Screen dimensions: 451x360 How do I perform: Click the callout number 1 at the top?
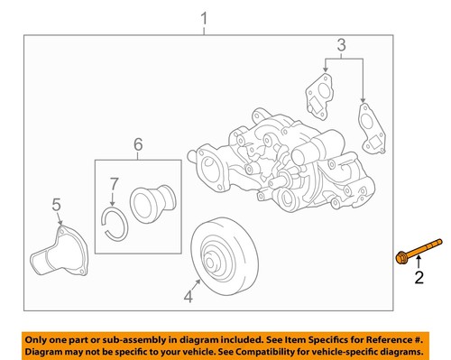pos(204,18)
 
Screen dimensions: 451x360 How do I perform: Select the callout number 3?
pos(341,44)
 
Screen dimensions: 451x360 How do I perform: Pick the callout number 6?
pos(138,144)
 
